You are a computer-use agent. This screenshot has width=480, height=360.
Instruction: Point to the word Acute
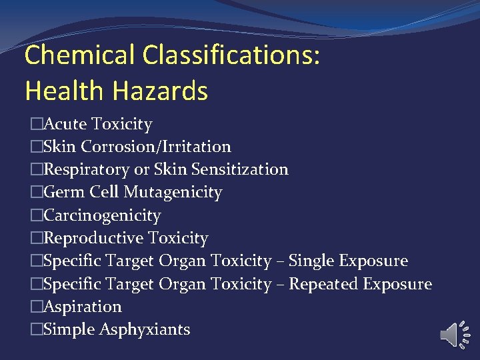[65, 124]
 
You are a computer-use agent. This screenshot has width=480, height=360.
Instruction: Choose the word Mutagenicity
[173, 192]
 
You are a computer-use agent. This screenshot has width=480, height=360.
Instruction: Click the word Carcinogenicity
[101, 215]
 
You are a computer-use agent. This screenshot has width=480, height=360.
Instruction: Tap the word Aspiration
[82, 307]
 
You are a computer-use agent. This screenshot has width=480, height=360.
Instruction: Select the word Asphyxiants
[145, 329]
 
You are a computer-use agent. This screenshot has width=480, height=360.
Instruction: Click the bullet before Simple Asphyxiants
[36, 329]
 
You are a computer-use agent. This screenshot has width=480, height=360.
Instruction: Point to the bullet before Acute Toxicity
[36, 124]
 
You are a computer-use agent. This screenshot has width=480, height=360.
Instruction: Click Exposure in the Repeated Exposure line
[397, 284]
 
